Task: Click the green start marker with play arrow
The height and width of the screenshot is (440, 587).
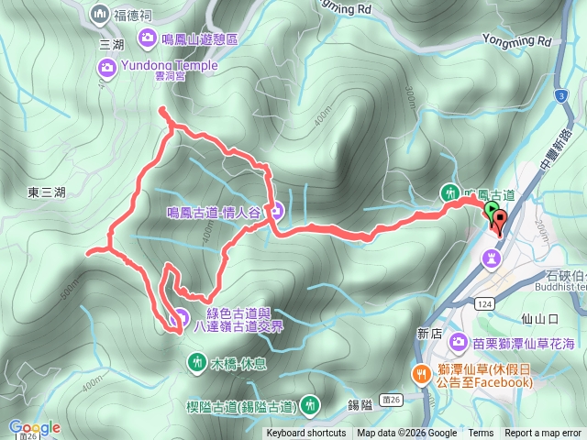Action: [491, 212]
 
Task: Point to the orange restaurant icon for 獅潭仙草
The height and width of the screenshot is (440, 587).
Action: [421, 373]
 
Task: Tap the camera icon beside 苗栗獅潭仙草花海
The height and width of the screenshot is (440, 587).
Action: [460, 343]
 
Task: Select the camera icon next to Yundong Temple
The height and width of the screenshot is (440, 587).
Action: [107, 66]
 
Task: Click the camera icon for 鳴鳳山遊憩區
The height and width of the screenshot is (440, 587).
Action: [147, 38]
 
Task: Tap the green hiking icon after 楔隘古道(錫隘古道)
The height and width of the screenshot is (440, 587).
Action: [311, 403]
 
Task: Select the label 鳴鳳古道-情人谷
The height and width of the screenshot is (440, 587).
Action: [215, 212]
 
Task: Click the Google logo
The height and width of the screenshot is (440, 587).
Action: [35, 427]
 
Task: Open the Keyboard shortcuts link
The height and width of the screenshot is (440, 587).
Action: [306, 434]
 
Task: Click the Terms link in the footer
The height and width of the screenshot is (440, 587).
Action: [481, 434]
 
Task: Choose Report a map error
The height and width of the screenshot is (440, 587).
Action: [543, 434]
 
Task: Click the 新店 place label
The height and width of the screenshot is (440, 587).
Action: [429, 334]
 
